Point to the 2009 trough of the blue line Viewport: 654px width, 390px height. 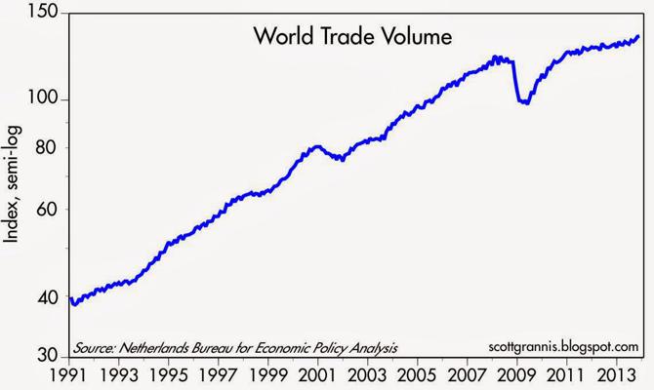524,101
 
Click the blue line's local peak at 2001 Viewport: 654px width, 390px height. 317,146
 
